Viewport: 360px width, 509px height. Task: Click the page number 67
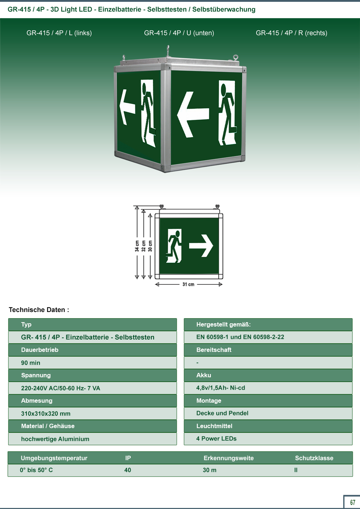click(352, 502)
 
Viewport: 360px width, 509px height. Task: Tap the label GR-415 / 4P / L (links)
click(59, 33)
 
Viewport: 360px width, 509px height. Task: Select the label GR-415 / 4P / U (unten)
click(179, 33)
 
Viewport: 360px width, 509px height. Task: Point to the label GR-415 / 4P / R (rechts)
click(291, 33)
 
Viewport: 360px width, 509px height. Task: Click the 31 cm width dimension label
click(188, 284)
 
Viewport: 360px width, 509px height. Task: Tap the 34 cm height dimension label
click(137, 246)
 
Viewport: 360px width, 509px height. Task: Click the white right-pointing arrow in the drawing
click(201, 246)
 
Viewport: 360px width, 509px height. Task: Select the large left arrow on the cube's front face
click(193, 114)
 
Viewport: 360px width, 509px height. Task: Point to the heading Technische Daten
click(39, 310)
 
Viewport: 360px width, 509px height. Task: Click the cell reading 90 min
click(31, 363)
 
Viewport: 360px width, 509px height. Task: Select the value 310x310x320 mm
click(46, 414)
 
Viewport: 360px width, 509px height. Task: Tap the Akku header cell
click(268, 375)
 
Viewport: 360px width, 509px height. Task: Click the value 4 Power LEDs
click(216, 439)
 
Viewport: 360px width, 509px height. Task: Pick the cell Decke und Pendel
click(222, 413)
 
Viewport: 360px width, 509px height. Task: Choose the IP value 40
click(127, 470)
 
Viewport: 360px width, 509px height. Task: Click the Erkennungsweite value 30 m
click(209, 470)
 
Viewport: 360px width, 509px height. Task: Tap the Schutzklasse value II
click(296, 470)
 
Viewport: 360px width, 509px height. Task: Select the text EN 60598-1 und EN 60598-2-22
click(240, 337)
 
